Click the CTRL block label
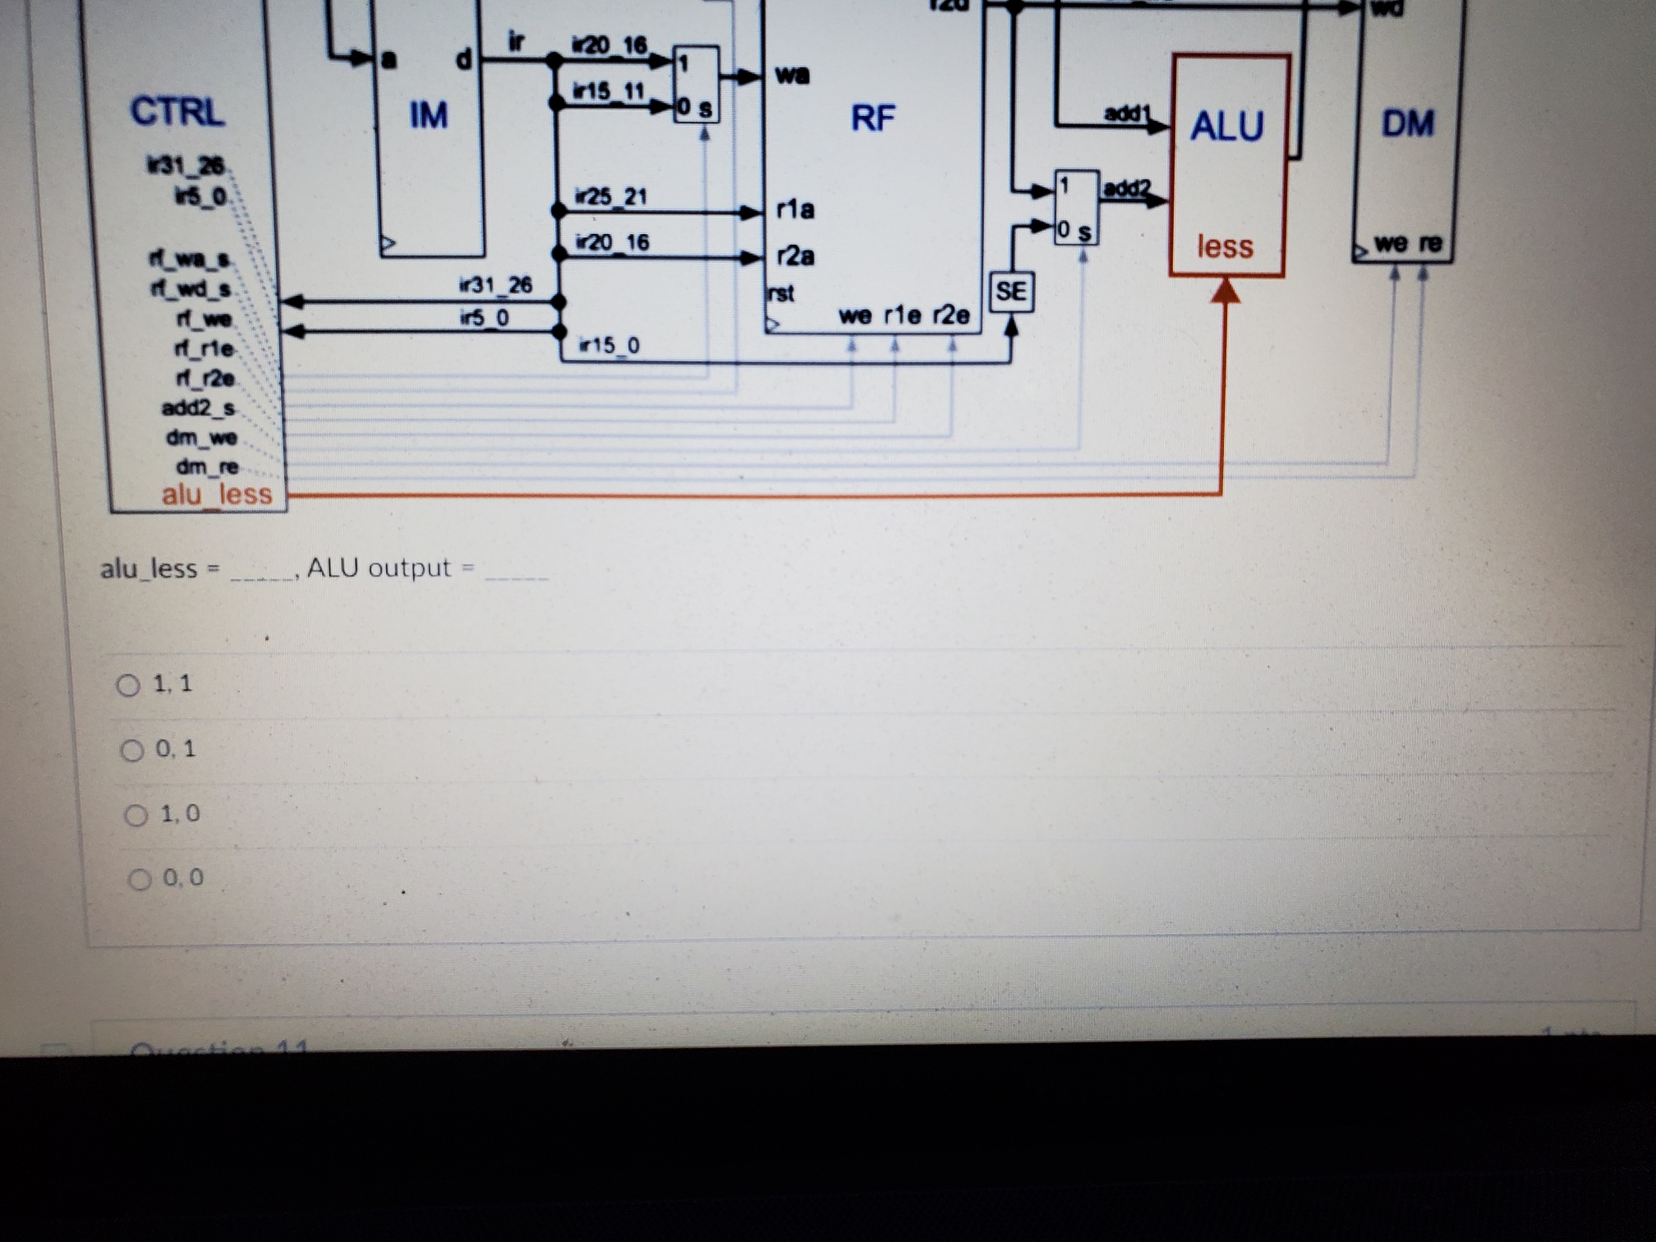point(177,112)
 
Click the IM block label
point(429,116)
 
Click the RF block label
point(872,118)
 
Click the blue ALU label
point(1227,126)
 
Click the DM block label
point(1408,124)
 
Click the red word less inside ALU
point(1225,246)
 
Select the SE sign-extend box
point(1011,292)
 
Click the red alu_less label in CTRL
point(217,494)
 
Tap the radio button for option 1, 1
point(128,685)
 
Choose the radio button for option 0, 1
point(132,750)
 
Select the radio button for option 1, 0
point(136,815)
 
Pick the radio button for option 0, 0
point(140,880)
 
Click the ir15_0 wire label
point(609,346)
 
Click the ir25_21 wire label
point(611,197)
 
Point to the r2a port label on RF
point(795,256)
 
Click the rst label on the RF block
point(780,293)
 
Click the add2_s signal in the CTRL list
point(198,407)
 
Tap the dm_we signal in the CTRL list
point(201,437)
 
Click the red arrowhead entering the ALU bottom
point(1226,291)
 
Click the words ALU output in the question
point(379,568)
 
